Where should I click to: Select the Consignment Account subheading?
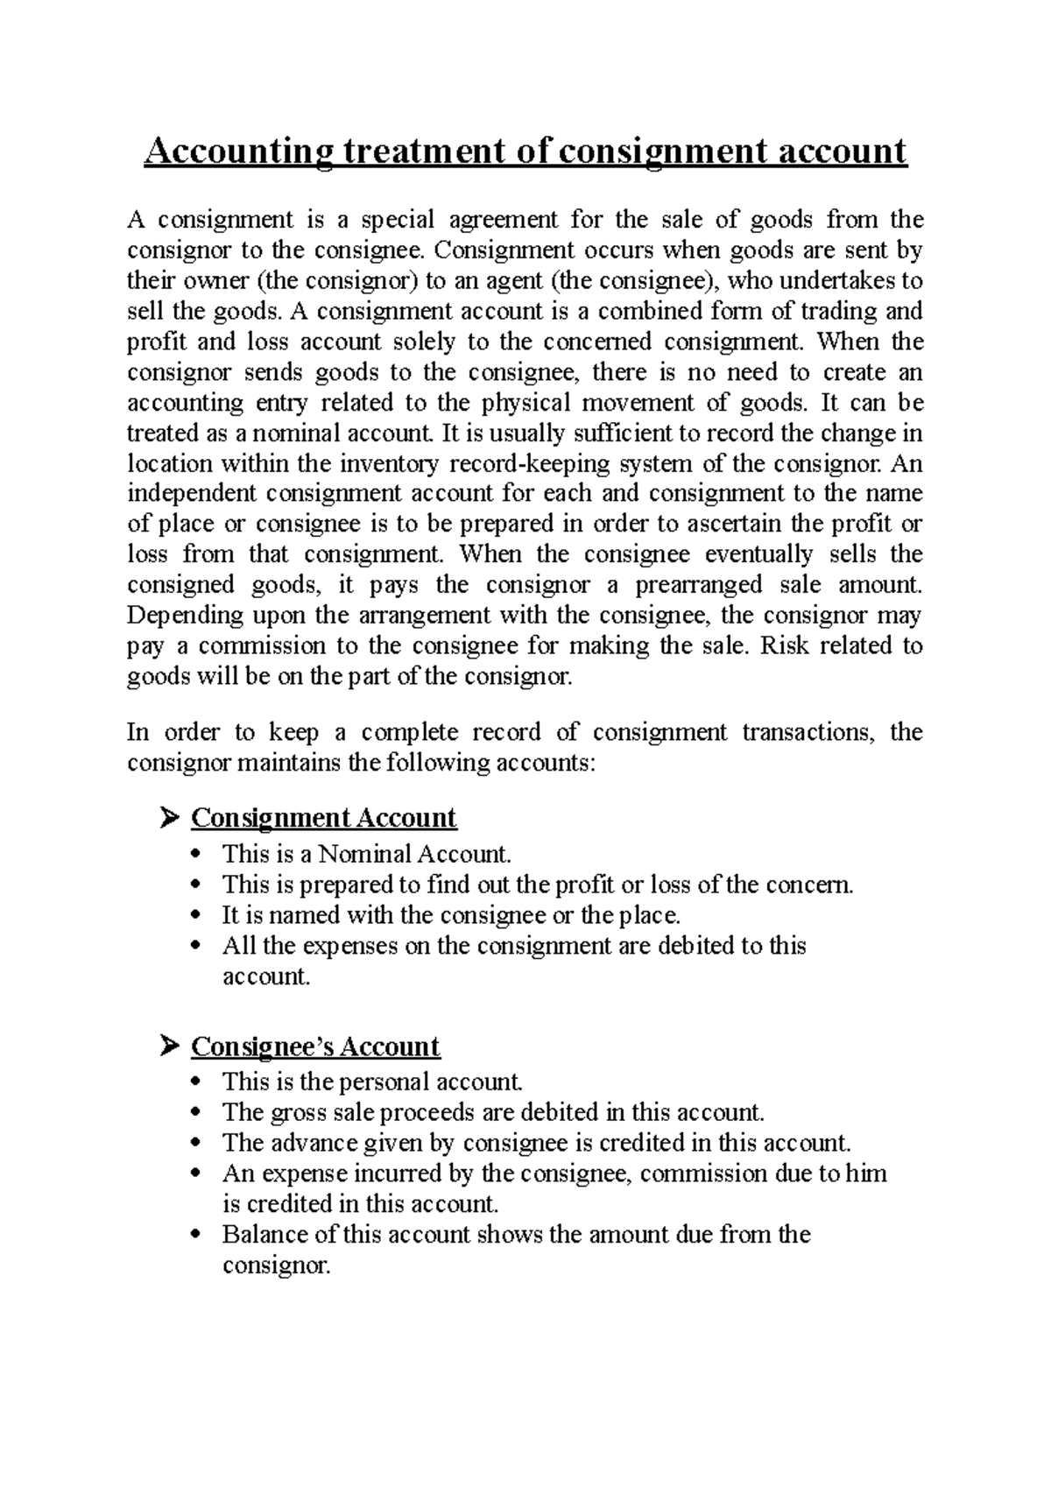(323, 818)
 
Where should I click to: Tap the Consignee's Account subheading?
(315, 1047)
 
